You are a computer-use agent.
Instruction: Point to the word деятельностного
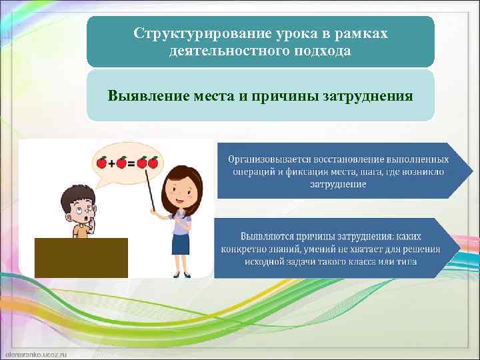(222, 51)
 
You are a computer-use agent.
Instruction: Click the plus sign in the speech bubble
(111, 163)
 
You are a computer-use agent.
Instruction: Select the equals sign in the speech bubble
(132, 163)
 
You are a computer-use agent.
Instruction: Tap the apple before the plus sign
(101, 162)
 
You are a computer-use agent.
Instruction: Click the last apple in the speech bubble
(153, 162)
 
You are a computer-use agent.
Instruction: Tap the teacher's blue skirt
(181, 244)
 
